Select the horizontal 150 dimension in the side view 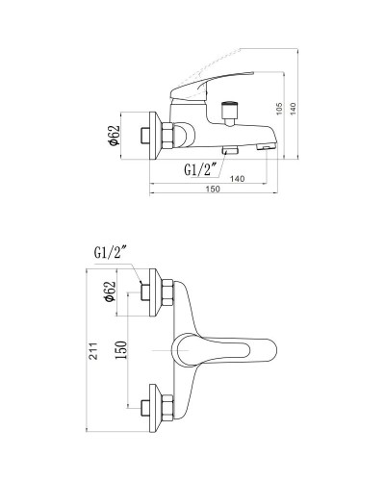(214, 189)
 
